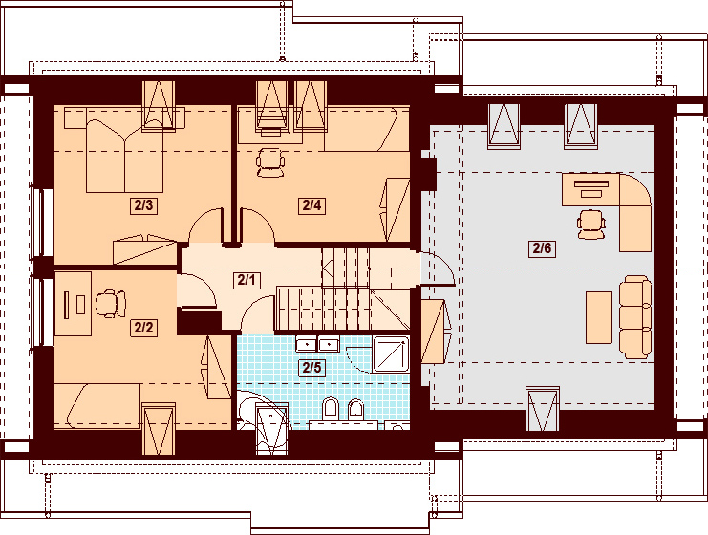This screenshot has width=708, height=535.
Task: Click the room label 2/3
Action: point(143,205)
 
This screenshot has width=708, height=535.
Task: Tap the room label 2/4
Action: point(311,205)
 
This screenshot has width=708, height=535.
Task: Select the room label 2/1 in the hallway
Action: point(247,280)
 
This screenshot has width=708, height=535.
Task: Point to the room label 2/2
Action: point(143,327)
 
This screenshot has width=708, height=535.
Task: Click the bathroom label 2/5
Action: point(311,368)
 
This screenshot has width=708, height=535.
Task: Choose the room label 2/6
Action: point(542,247)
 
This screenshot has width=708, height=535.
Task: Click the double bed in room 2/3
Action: point(124,156)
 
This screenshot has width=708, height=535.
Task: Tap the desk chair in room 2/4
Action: point(270,162)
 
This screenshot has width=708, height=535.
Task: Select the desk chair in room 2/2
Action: point(110,304)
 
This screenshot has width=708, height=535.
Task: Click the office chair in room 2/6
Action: point(591,224)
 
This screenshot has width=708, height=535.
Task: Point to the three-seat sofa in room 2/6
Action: point(635,317)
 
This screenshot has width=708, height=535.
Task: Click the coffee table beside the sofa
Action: point(599,317)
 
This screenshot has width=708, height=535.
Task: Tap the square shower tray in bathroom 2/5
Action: point(391,354)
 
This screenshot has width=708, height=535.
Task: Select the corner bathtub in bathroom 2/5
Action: point(262,413)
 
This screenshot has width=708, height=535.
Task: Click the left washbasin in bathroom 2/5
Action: point(306,345)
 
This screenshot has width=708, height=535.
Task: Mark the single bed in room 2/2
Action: point(97,406)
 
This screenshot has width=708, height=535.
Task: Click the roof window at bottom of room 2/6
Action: point(543,409)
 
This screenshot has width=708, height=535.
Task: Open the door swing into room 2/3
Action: point(205,225)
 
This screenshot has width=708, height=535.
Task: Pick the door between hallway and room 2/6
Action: point(437,269)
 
